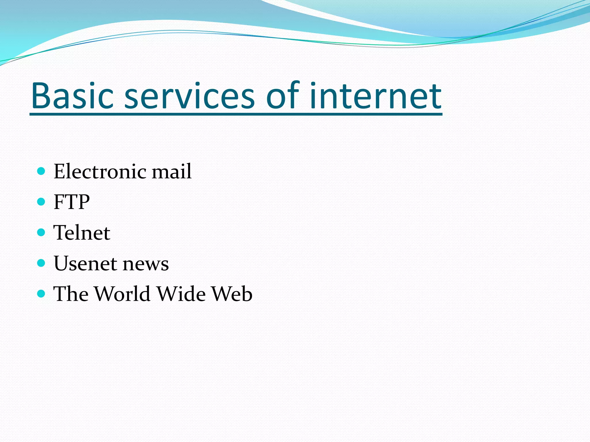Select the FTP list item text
coord(72,202)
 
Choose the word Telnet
coord(82,233)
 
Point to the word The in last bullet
coord(71,294)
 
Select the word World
coord(122,294)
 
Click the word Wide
coord(181,294)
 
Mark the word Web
coord(232,294)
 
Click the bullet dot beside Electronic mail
coord(41,171)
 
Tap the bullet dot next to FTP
coord(41,201)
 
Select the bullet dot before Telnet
coord(41,232)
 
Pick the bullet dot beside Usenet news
coord(41,263)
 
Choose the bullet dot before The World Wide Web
coord(41,294)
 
